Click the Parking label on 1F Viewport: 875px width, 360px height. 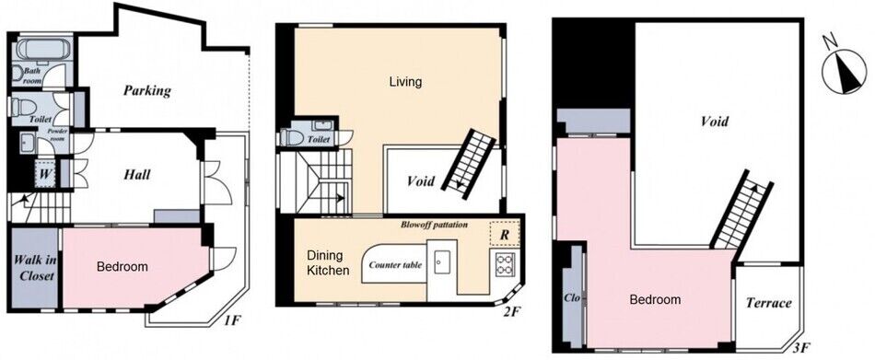pos(147,90)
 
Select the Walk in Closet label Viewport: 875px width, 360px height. pos(34,267)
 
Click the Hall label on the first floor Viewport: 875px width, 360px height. pos(136,175)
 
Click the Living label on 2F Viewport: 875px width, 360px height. pos(405,82)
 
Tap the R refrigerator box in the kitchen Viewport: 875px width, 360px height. pos(504,234)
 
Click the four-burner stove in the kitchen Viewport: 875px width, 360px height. pos(505,263)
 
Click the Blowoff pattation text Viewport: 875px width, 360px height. pos(434,225)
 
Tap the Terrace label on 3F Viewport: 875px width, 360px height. pos(768,303)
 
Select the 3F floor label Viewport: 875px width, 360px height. pos(800,349)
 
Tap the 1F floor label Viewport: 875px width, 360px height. pos(233,321)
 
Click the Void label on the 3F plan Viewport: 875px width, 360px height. pos(714,122)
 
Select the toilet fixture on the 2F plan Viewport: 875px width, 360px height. pos(293,137)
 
